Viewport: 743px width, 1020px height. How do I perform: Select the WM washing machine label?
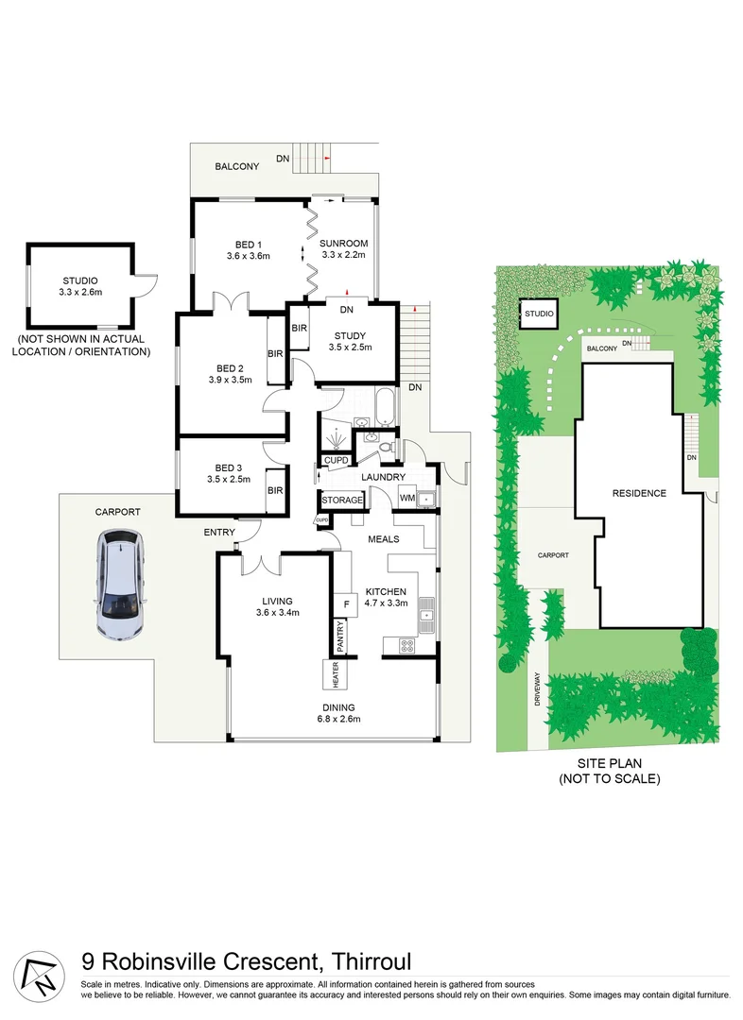click(x=407, y=498)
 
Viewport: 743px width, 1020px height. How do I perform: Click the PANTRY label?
click(x=341, y=639)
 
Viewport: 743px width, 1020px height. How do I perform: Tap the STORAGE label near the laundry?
click(x=341, y=500)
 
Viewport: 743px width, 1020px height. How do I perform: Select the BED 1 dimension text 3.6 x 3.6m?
click(x=249, y=256)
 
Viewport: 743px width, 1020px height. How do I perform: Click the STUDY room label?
click(x=350, y=335)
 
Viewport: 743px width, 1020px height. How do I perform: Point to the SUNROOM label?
click(x=343, y=242)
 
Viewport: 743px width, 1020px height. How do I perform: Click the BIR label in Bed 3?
click(x=275, y=490)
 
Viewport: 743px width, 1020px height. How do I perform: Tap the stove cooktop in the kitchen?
click(x=407, y=646)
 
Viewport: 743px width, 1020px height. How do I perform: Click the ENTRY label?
click(x=219, y=533)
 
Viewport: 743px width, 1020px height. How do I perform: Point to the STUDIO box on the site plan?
click(x=539, y=314)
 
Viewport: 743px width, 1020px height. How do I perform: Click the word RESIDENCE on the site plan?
click(x=639, y=493)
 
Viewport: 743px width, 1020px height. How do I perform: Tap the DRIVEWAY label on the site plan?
click(x=536, y=689)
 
